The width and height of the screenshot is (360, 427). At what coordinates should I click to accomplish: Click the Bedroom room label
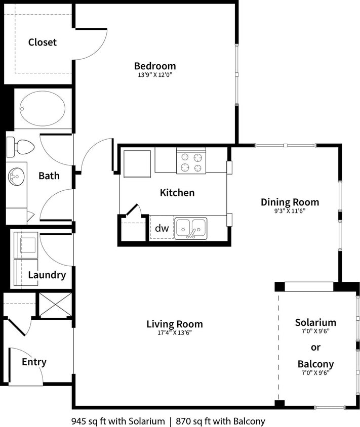[154, 66]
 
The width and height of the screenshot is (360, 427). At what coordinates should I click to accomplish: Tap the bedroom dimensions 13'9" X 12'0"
[154, 75]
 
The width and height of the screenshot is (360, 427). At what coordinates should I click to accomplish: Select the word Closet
[42, 42]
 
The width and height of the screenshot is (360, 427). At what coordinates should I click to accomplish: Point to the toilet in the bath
[20, 147]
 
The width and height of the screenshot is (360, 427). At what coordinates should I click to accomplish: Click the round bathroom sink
[16, 177]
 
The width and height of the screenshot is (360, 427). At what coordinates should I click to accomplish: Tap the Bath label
[49, 176]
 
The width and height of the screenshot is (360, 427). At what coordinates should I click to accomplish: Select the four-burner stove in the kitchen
[191, 161]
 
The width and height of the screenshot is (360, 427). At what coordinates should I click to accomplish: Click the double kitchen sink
[190, 228]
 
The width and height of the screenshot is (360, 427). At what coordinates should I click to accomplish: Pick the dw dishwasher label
[162, 228]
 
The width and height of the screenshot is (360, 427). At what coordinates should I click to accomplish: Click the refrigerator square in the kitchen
[137, 164]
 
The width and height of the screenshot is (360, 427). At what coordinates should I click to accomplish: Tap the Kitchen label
[177, 193]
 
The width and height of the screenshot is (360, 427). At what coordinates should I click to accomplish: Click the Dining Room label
[290, 202]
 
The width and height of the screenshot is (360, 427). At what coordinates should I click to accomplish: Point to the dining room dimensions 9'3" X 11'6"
[290, 211]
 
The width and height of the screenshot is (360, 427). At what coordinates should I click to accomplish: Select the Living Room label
[174, 324]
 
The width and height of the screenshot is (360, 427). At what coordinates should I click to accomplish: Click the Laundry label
[47, 275]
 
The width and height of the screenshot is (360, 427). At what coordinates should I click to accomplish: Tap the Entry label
[34, 362]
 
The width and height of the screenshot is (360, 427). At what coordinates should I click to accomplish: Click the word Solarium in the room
[315, 322]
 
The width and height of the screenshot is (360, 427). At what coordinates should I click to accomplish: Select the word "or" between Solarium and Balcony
[315, 347]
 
